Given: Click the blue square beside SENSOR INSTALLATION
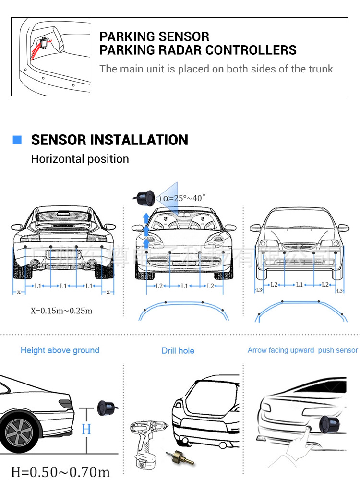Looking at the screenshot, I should point(17,140).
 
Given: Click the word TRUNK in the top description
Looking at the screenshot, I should point(321,69).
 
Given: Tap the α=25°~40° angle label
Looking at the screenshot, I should point(184,197).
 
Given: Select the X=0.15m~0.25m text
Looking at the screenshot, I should point(61,310).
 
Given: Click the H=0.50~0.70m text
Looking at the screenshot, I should point(60,472).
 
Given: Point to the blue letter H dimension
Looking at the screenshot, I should point(86,429).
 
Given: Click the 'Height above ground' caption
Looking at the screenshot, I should point(60,350).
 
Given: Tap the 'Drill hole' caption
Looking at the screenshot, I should point(178,351).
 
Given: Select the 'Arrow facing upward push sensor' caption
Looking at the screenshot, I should point(302,350).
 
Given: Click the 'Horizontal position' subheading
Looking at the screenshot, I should point(80,159).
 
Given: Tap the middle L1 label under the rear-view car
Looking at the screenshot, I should point(63,286).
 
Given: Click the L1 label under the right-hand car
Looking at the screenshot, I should point(300,285).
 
